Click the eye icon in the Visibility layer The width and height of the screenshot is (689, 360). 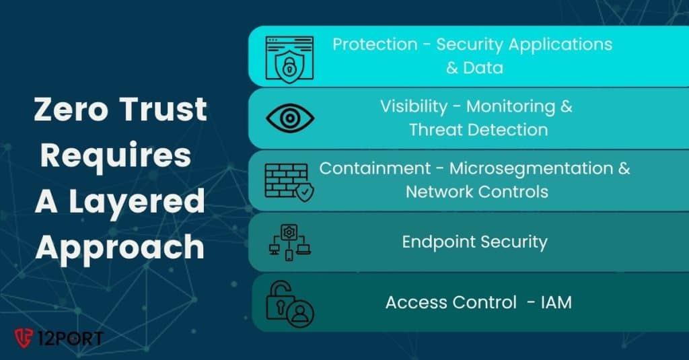(290, 118)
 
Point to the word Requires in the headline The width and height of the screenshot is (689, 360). (115, 155)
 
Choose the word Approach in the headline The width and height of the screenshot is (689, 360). (120, 247)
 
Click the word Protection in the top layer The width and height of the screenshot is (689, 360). (375, 45)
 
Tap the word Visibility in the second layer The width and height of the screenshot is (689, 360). (413, 106)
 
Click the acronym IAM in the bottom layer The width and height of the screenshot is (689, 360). (556, 302)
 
